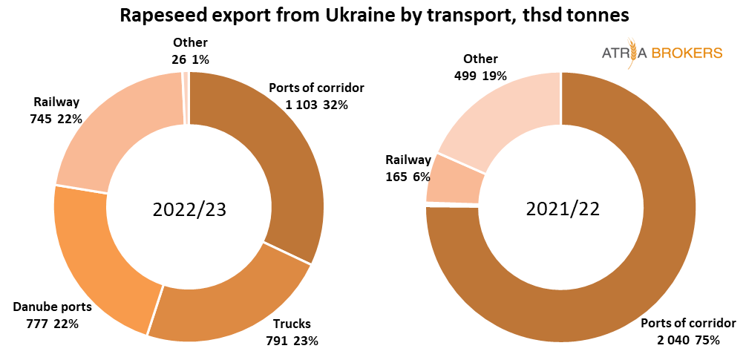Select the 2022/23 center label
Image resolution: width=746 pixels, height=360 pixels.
click(x=189, y=209)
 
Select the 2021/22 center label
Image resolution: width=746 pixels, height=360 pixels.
click(x=562, y=209)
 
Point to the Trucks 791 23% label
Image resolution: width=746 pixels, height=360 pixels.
click(x=292, y=333)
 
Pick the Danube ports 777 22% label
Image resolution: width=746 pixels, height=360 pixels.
click(x=52, y=315)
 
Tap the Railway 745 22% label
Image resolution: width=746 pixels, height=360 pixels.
click(x=56, y=110)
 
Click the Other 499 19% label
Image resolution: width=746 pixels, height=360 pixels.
click(x=480, y=67)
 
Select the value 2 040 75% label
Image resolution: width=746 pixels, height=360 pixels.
click(x=688, y=332)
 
